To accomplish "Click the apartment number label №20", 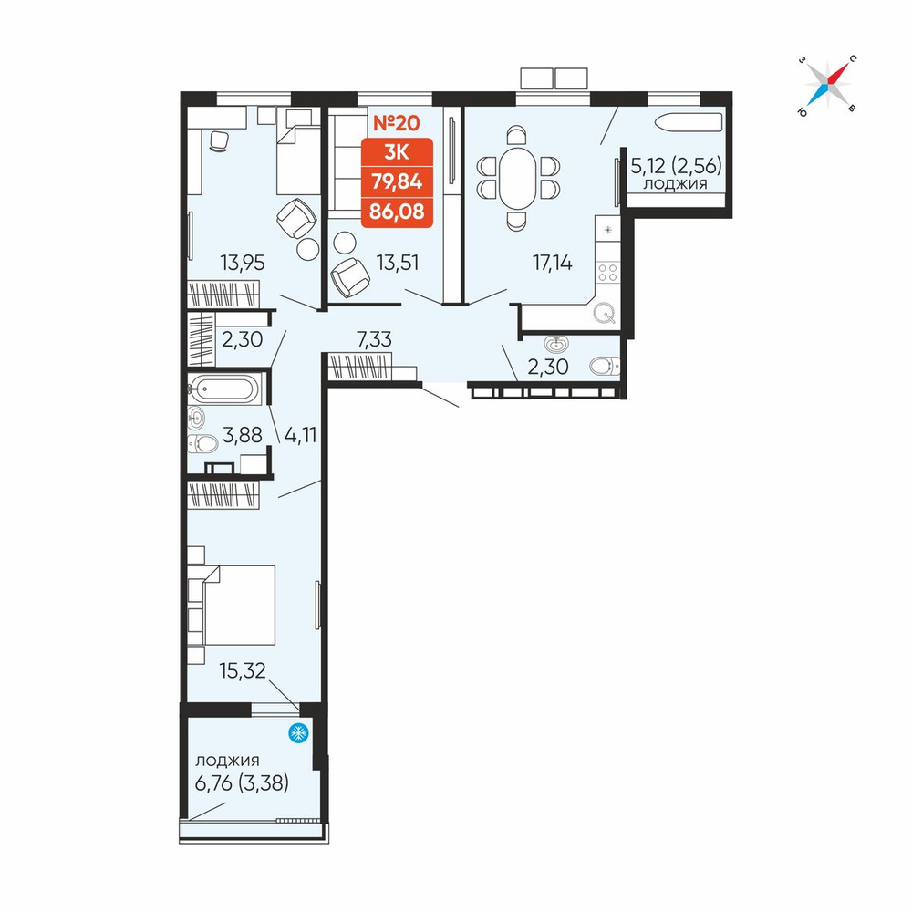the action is click(x=396, y=123).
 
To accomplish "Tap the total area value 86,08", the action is click(x=397, y=212).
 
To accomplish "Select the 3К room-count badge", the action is click(x=397, y=152).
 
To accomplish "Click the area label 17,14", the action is click(x=553, y=263).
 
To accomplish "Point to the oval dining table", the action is click(x=518, y=178).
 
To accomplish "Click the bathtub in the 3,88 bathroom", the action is click(x=224, y=388).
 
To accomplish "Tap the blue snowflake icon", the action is click(x=298, y=733).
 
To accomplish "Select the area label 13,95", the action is click(x=243, y=263).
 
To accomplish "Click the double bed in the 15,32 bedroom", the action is click(x=239, y=605).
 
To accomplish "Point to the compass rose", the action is click(x=828, y=85).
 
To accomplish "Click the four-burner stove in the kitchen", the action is click(x=607, y=273).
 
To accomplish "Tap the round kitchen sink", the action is click(x=605, y=315).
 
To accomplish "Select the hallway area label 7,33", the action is click(x=375, y=339).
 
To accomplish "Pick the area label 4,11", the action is click(x=301, y=434).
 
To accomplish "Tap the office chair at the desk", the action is click(x=219, y=141).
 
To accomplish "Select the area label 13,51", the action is click(x=398, y=263).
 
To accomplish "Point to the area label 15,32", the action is click(x=243, y=670).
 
